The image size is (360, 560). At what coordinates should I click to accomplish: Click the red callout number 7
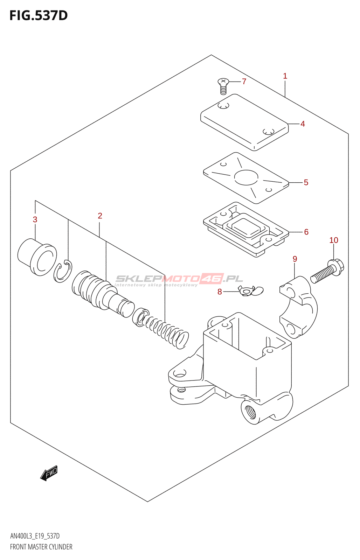coord(244,82)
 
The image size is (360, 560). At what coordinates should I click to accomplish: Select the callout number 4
coord(303,124)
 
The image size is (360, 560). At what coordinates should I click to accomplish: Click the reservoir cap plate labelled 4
coord(244,122)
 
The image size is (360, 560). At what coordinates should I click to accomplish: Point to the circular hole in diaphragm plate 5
coord(246,177)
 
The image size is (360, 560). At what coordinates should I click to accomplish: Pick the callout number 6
coord(306,232)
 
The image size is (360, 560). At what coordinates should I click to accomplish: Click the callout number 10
coord(333,240)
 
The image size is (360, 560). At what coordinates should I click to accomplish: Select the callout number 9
coord(295,259)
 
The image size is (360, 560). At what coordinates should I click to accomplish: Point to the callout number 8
coord(220,292)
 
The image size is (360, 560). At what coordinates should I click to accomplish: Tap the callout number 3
coord(35,220)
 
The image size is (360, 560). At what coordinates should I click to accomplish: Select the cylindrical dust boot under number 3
coord(37,257)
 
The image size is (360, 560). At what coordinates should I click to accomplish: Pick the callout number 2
coord(100,216)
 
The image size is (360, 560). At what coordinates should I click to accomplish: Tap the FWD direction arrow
coord(49,473)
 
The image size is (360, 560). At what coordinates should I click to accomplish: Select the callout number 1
coord(285,76)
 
